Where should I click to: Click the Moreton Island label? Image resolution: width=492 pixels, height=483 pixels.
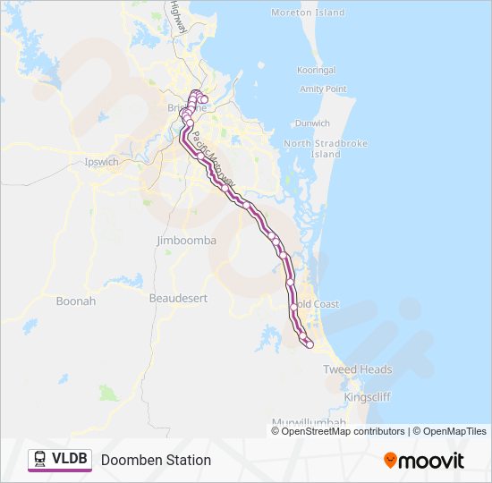(307, 13)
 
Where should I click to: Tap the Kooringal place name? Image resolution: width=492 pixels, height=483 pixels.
(317, 70)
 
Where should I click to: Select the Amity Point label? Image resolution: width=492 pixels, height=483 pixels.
(323, 89)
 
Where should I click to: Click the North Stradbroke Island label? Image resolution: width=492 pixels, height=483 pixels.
(312, 148)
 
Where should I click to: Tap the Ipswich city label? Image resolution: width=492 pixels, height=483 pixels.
(100, 162)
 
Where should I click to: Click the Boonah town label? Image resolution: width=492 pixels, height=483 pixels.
(75, 301)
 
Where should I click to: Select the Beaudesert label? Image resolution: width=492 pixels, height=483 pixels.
(178, 297)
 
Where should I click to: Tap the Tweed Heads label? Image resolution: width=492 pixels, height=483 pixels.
(358, 369)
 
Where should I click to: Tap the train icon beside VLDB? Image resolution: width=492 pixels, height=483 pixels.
(40, 460)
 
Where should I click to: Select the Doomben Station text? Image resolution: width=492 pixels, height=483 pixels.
(156, 460)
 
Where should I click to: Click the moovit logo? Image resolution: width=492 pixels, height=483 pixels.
(424, 460)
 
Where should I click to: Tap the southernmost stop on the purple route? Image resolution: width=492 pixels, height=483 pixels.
(310, 345)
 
